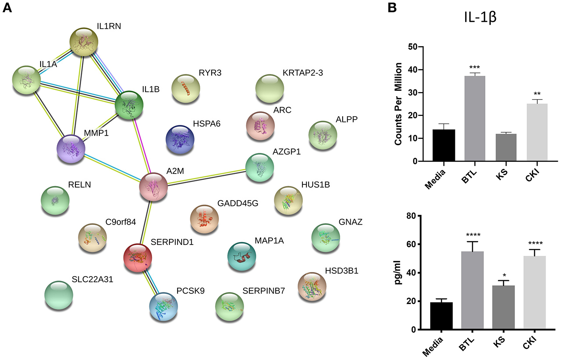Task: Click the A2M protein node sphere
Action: [153, 187]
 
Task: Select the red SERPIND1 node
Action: [138, 258]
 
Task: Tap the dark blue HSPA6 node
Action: [180, 139]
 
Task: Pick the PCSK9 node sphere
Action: [163, 306]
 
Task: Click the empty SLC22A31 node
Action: [59, 295]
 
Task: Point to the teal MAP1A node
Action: [242, 257]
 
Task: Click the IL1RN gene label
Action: [109, 26]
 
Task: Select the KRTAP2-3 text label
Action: [302, 73]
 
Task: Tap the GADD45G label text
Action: [238, 203]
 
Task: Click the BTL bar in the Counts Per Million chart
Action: [475, 118]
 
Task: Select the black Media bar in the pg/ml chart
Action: [441, 316]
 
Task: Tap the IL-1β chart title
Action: [480, 18]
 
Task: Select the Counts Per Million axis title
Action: [398, 104]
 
